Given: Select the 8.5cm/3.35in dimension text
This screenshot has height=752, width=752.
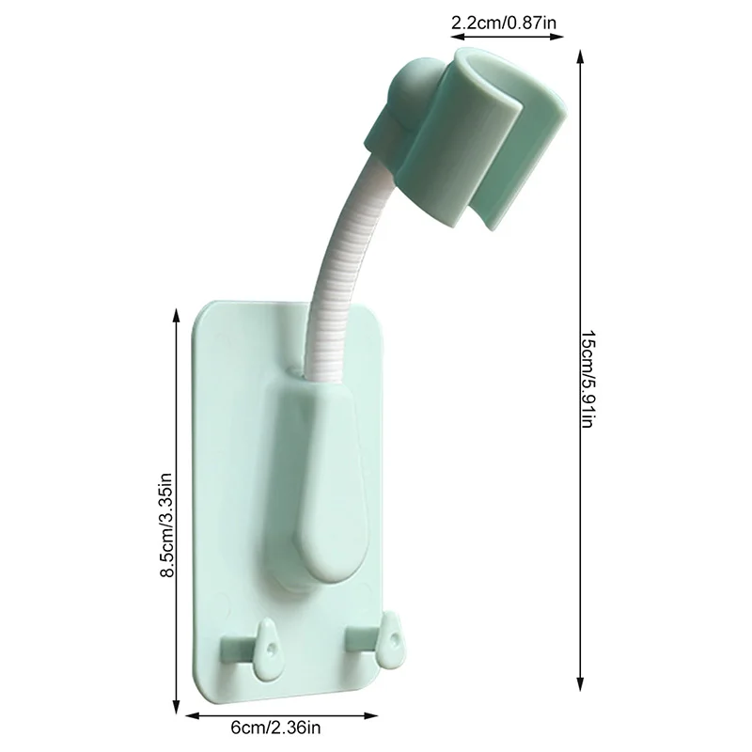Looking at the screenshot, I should pos(166,512).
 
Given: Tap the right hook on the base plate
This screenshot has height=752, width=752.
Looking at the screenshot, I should pos(377,639).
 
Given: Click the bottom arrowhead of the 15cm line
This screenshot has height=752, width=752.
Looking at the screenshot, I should pos(581,688).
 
